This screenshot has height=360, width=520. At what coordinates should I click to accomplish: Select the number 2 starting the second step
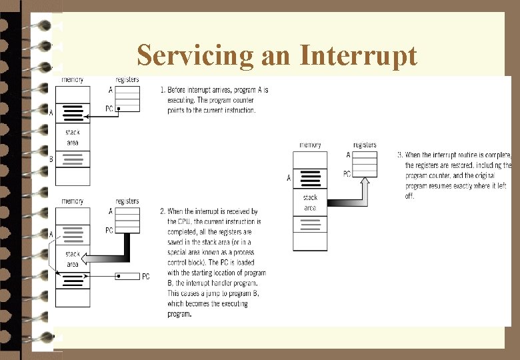pyautogui.click(x=162, y=211)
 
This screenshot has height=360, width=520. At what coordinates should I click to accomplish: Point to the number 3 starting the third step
pyautogui.click(x=399, y=155)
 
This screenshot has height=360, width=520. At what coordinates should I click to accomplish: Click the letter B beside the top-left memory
pyautogui.click(x=51, y=159)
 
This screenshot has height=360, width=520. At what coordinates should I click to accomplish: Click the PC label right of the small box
pyautogui.click(x=145, y=276)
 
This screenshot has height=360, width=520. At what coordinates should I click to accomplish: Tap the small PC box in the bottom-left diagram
pyautogui.click(x=127, y=276)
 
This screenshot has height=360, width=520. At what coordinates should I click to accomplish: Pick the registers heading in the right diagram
pyautogui.click(x=365, y=145)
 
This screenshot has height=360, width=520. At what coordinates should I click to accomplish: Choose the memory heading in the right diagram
pyautogui.click(x=310, y=145)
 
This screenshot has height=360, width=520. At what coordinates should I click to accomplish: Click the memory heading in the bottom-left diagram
pyautogui.click(x=73, y=201)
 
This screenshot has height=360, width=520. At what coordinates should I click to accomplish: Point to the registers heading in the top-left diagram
pyautogui.click(x=127, y=80)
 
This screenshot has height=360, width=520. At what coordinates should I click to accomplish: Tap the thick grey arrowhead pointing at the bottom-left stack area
pyautogui.click(x=94, y=259)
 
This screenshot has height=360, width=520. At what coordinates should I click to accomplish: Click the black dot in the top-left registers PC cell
pyautogui.click(x=119, y=109)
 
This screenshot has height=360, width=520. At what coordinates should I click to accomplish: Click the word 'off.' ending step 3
pyautogui.click(x=410, y=197)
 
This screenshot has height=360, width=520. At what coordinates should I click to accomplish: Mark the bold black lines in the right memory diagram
pyautogui.click(x=310, y=179)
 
